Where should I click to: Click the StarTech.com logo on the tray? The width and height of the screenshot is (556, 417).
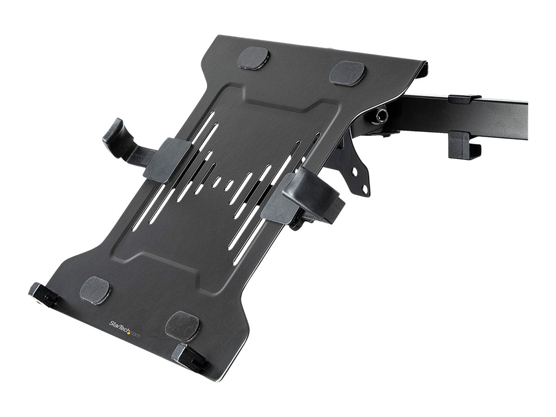[124, 329]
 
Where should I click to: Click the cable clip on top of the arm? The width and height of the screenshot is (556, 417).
[465, 99]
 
